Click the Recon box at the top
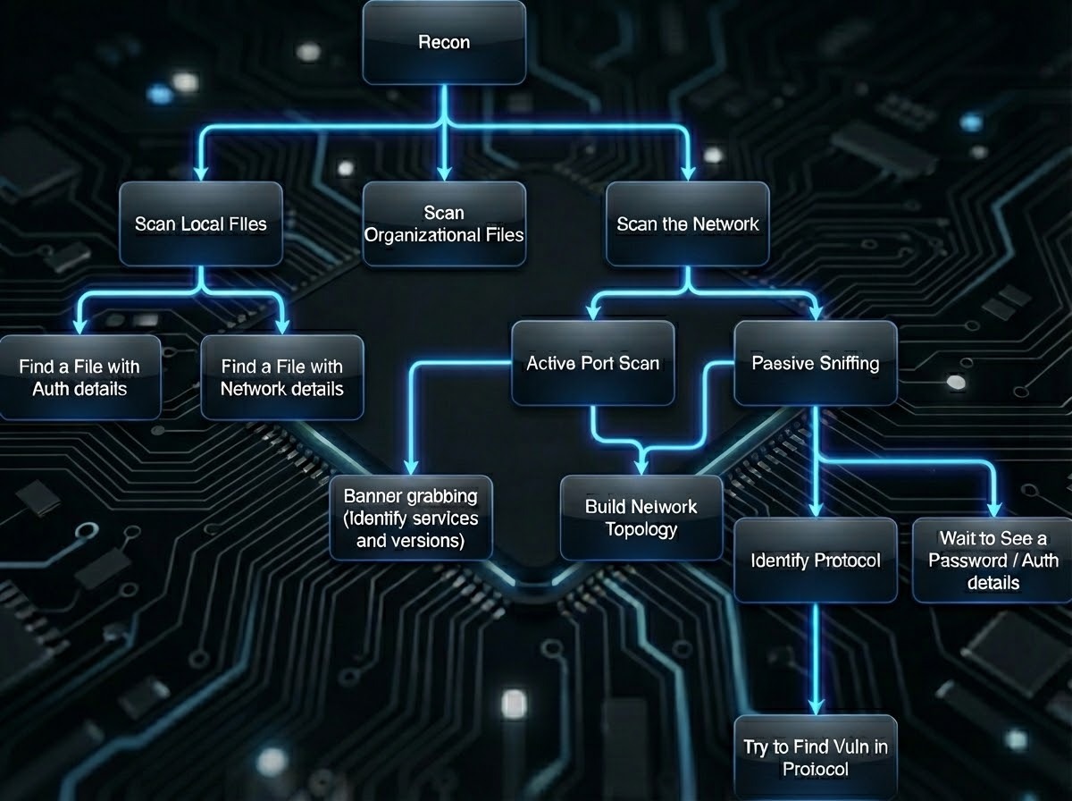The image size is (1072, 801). (443, 42)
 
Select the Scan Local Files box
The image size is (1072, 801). (200, 223)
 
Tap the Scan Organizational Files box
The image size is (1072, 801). (444, 223)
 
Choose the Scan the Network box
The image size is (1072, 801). (687, 223)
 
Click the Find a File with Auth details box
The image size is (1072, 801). (80, 377)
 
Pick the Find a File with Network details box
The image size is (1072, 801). (281, 377)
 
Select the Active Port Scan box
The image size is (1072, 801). (592, 363)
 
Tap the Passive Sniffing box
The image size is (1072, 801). (815, 363)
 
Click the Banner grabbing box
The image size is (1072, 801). (411, 517)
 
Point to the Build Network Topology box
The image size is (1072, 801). (641, 517)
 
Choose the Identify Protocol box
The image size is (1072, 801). (815, 560)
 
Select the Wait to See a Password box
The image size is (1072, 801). (992, 560)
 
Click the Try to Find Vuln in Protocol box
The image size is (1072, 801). (815, 757)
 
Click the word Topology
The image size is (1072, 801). (641, 529)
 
